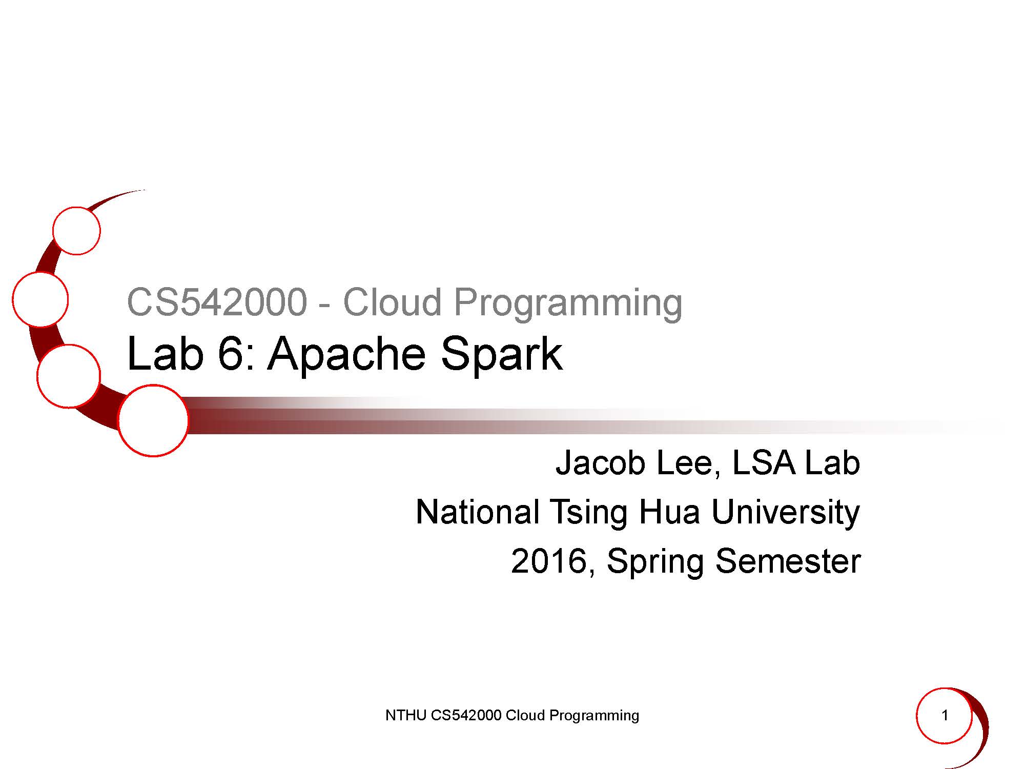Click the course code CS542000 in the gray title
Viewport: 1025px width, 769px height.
217,302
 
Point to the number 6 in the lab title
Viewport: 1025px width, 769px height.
230,354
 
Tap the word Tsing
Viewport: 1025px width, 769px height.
589,513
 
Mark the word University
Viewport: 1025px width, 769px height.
786,513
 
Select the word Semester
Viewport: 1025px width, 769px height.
788,561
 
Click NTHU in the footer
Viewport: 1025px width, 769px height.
406,715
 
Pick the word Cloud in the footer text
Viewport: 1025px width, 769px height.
525,715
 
